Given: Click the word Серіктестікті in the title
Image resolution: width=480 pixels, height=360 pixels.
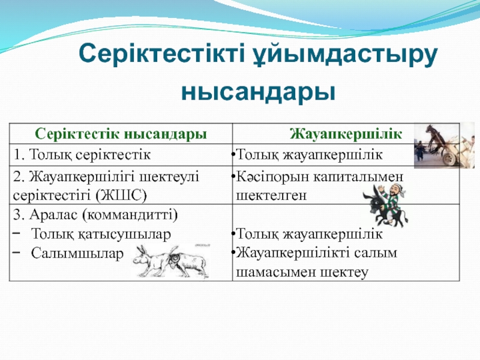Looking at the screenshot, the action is [x=161, y=53].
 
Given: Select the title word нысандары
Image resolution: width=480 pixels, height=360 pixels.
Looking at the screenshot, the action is [x=259, y=93].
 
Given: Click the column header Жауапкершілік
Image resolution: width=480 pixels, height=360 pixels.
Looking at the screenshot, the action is [x=346, y=134].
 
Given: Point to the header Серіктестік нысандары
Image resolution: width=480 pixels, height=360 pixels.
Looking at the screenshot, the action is [x=121, y=134].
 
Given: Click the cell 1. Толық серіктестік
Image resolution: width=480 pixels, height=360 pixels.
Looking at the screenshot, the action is [x=82, y=155].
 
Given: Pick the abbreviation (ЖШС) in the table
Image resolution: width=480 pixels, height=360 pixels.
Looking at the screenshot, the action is [x=121, y=196].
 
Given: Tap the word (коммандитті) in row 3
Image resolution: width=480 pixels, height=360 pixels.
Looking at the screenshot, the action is [x=130, y=215].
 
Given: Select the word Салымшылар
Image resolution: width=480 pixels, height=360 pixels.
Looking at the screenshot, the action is [x=77, y=253].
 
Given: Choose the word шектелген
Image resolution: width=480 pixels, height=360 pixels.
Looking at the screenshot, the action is [x=271, y=196].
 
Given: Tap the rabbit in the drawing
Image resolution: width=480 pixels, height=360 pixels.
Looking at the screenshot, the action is [x=151, y=261].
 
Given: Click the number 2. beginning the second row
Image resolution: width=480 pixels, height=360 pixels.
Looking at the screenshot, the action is [x=19, y=177].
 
